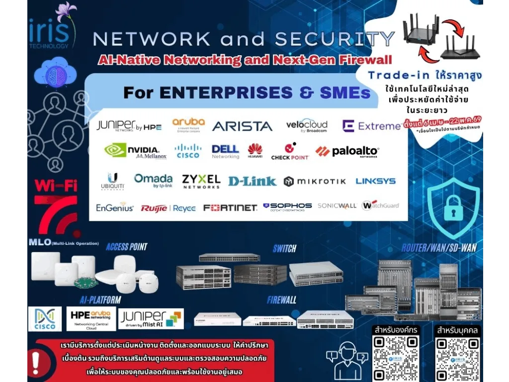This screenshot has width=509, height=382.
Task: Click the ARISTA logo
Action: [x=242, y=126]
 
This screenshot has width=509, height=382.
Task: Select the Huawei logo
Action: [x=255, y=151]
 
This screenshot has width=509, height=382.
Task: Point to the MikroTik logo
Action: [x=315, y=182]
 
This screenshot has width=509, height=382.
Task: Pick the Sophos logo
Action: [x=287, y=206]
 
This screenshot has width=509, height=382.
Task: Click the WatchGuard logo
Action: [x=380, y=205]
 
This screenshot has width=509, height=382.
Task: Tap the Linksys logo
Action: [x=375, y=181]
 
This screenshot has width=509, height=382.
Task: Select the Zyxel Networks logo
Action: [x=201, y=181]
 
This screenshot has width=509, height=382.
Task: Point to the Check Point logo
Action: [x=290, y=151]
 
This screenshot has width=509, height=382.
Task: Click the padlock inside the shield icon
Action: [x=453, y=208]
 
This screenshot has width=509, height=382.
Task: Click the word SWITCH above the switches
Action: [x=284, y=248]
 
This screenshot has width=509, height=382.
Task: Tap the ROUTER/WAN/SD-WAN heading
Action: [x=439, y=247]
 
